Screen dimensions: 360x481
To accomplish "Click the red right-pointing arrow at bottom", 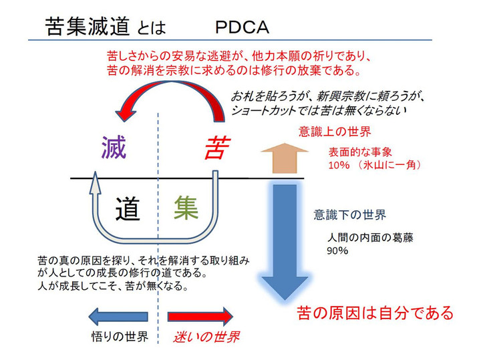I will point(200,315).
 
